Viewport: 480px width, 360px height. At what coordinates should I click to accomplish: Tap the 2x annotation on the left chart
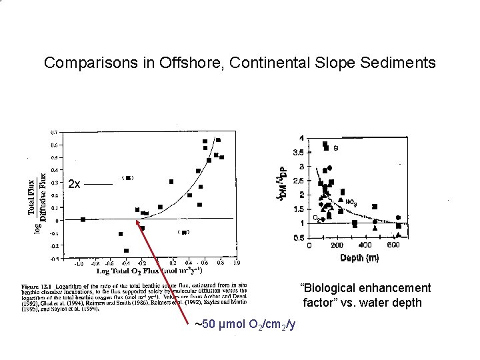pyautogui.click(x=74, y=185)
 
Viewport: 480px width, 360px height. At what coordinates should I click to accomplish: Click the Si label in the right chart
pyautogui.click(x=335, y=148)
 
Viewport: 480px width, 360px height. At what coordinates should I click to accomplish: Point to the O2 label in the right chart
pyautogui.click(x=316, y=217)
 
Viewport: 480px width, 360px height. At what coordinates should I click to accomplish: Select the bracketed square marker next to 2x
pyautogui.click(x=129, y=178)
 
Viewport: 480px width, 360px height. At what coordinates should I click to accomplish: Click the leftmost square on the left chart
pyautogui.click(x=83, y=219)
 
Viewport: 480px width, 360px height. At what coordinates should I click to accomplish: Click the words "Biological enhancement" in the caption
pyautogui.click(x=366, y=288)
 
